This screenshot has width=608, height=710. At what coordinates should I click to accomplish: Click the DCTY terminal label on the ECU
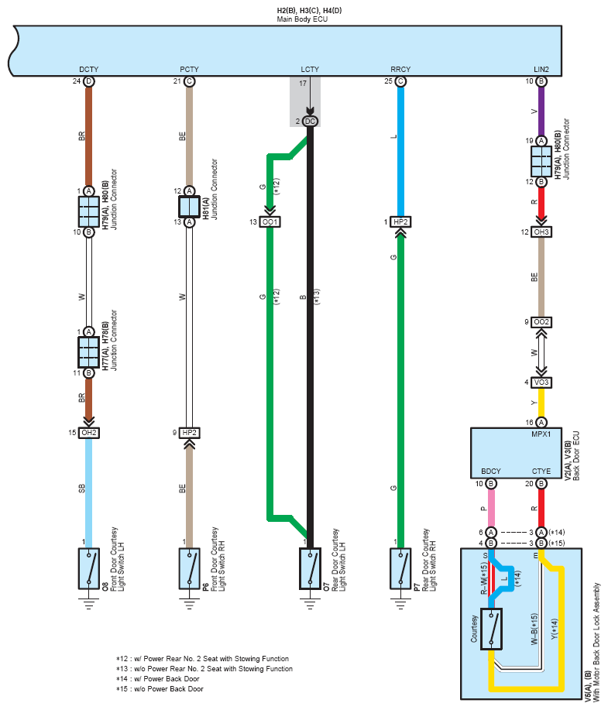[x=89, y=69]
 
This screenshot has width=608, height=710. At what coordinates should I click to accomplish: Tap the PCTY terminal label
[x=190, y=69]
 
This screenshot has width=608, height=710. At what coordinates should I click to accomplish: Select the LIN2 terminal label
[x=541, y=69]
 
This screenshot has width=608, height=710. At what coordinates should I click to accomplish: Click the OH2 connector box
[x=89, y=433]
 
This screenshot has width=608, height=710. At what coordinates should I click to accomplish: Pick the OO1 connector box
[x=270, y=222]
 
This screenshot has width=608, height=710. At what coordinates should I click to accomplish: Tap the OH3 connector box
[x=541, y=232]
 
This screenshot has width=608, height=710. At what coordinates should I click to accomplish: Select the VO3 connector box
[x=541, y=382]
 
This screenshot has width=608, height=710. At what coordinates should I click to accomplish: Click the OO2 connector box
[x=541, y=322]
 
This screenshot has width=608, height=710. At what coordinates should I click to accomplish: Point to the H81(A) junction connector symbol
[x=190, y=207]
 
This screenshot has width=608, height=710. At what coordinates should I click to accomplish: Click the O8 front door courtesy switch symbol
[x=89, y=569]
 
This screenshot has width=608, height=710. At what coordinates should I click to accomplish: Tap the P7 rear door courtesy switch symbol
[x=400, y=569]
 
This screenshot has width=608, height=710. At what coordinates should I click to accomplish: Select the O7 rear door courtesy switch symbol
[x=310, y=569]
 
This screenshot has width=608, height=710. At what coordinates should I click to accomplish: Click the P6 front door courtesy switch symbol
[x=190, y=569]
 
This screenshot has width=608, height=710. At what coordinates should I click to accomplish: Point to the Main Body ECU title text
[x=302, y=19]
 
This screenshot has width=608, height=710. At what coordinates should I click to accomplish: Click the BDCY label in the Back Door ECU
[x=490, y=471]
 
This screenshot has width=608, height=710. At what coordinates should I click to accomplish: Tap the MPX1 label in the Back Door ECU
[x=541, y=434]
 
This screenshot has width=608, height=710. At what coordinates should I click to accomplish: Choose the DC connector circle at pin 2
[x=310, y=122]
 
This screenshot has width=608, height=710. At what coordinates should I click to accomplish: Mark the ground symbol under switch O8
[x=89, y=604]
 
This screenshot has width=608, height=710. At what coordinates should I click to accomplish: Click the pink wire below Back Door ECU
[x=490, y=508]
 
